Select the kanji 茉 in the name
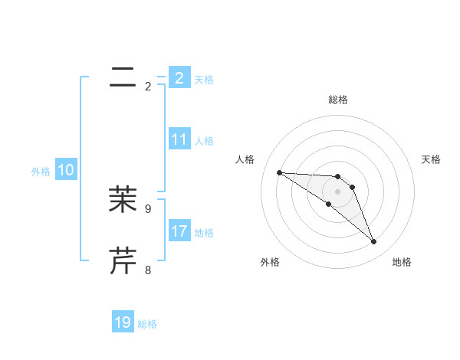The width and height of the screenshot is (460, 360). click(x=123, y=199)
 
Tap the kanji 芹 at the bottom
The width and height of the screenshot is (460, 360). click(x=123, y=261)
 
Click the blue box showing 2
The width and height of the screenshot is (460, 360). click(x=179, y=77)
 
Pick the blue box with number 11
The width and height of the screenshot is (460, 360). click(x=179, y=139)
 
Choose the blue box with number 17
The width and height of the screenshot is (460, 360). click(x=179, y=231)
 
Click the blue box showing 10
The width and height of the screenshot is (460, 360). click(x=66, y=170)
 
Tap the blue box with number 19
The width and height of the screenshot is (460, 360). click(x=123, y=322)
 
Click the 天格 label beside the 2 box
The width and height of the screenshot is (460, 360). click(x=204, y=80)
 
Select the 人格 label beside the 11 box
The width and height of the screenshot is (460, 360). click(x=204, y=141)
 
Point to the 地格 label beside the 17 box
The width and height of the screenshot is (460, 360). click(x=204, y=233)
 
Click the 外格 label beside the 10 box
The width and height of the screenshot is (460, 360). click(x=41, y=172)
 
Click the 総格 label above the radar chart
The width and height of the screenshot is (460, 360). click(x=338, y=100)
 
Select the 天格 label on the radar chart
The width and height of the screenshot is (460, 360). click(x=431, y=159)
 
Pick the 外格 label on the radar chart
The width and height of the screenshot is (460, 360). click(x=270, y=262)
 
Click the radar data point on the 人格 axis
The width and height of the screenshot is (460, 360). click(x=279, y=172)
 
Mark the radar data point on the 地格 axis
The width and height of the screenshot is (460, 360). click(x=374, y=242)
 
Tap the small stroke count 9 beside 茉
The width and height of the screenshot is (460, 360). click(x=148, y=208)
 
